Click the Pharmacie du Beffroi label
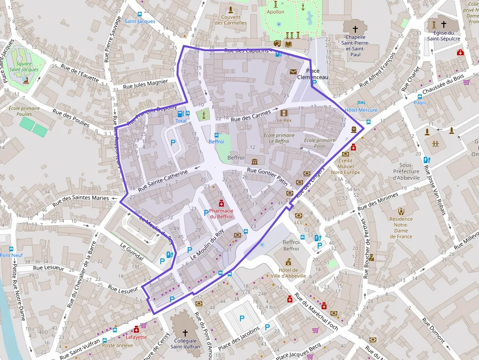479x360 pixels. (221, 213)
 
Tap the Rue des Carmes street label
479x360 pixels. (250, 116)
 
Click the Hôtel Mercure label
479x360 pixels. (361, 110)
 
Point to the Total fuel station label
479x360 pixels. (181, 121)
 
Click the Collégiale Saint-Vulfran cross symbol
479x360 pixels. (185, 332)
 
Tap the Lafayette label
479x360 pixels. (136, 337)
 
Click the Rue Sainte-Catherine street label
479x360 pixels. (162, 180)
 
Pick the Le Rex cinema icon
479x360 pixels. (284, 113)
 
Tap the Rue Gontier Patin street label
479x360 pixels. (267, 175)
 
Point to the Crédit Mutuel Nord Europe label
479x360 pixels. (345, 166)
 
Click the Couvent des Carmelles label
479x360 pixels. (231, 20)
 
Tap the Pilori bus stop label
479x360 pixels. (419, 103)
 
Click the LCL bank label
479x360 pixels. (299, 222)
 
